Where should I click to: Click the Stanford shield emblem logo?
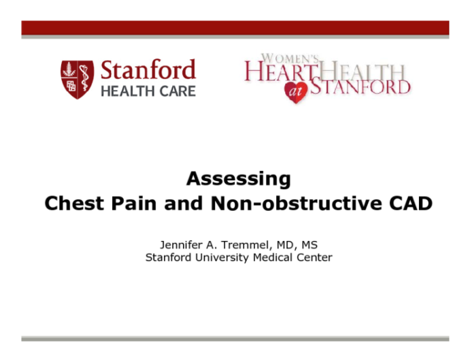pos(77,79)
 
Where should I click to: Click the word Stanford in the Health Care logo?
pos(148,70)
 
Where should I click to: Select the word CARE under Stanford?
pos(177,91)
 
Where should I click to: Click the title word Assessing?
pos(238,180)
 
